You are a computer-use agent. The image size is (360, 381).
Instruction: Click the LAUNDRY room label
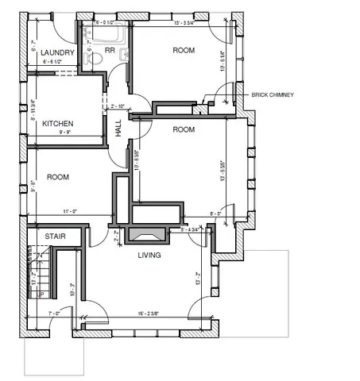(58, 52)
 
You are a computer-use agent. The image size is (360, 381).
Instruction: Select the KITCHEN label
(58, 124)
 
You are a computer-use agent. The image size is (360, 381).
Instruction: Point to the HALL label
(118, 129)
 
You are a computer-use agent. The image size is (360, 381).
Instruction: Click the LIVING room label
(149, 255)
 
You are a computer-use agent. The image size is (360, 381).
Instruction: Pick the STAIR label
(54, 237)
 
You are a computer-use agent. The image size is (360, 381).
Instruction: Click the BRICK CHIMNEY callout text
(273, 94)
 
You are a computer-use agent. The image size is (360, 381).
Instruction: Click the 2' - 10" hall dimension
(119, 106)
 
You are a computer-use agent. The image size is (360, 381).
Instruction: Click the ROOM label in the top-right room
(184, 51)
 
